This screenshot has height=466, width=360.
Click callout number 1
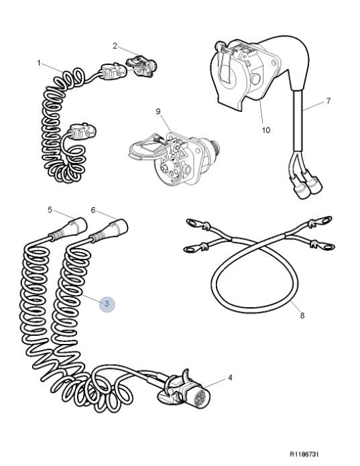click(x=39, y=63)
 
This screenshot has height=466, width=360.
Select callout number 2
click(x=115, y=46)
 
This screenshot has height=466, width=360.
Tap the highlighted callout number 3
click(x=107, y=304)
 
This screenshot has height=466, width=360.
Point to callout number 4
click(x=230, y=377)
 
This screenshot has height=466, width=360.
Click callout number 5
click(x=50, y=210)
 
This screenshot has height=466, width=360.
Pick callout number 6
click(x=93, y=211)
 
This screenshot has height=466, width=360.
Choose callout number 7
click(x=328, y=101)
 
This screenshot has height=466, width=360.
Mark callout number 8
click(x=302, y=315)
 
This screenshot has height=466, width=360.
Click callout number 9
click(x=158, y=111)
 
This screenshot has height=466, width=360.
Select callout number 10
click(x=266, y=130)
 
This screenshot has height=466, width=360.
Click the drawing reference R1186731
click(x=304, y=454)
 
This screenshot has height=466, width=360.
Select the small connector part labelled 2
click(x=141, y=66)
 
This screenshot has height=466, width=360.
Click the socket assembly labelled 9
click(x=175, y=159)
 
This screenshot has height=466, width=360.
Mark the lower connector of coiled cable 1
click(x=82, y=131)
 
